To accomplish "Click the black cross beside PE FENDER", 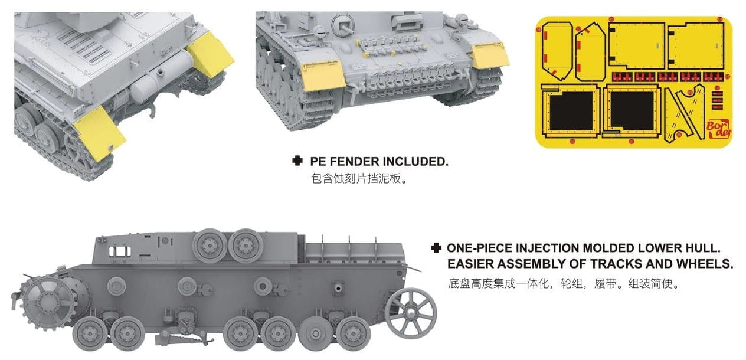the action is pyautogui.click(x=297, y=161).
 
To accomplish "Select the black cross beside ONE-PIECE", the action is pyautogui.click(x=436, y=248).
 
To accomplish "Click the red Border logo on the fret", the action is pyautogui.click(x=719, y=129).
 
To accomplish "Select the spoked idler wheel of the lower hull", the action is pyautogui.click(x=411, y=313).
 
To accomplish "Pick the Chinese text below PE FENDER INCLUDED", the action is pyautogui.click(x=359, y=179).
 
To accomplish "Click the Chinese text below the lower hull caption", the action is pyautogui.click(x=564, y=284).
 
